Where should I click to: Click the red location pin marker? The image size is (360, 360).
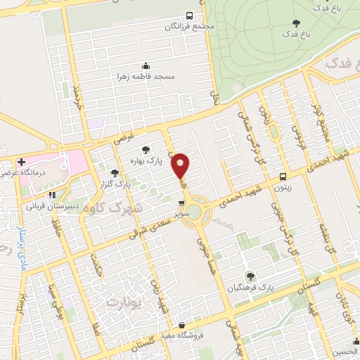(181, 165)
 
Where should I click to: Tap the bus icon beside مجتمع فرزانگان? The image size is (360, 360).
(188, 15)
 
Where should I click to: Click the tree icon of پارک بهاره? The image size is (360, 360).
(146, 150)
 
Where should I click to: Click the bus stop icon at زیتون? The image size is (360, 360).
(283, 176)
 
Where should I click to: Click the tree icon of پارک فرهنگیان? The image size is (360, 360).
(250, 276)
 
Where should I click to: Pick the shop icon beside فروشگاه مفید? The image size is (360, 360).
(183, 326)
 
